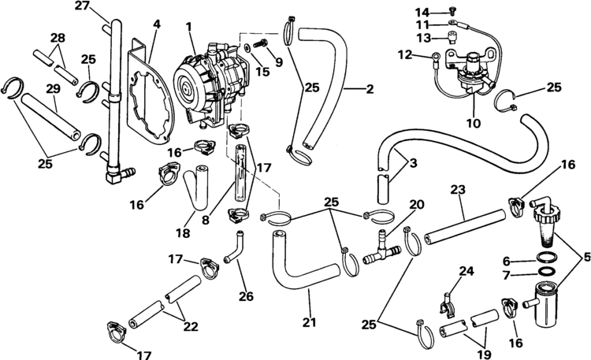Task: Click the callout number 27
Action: pos(83,7)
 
